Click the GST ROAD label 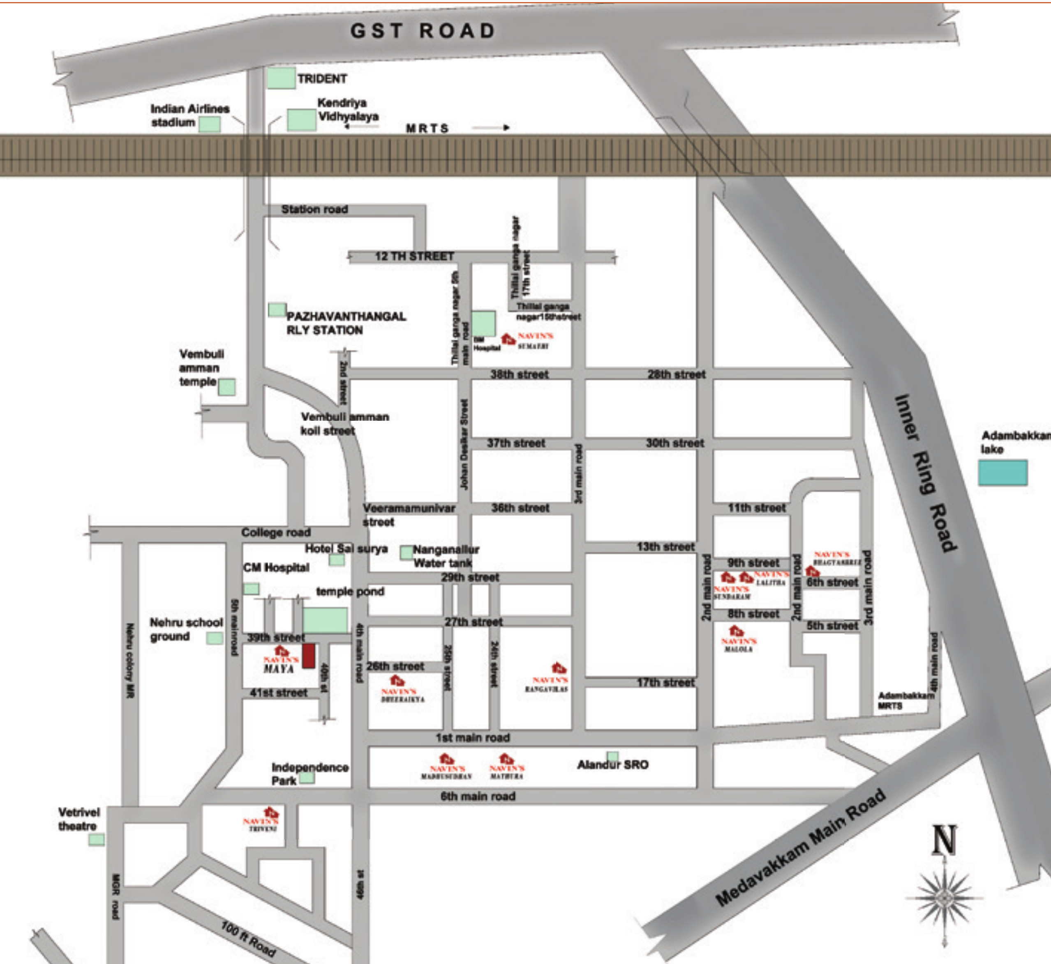coord(423,31)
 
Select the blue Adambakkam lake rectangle coord(1002,473)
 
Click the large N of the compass coord(944,840)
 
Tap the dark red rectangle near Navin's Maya coord(309,656)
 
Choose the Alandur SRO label coord(612,765)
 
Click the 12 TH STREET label coord(414,256)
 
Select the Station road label coord(314,209)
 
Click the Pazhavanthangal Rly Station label coord(346,323)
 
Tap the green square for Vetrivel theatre coord(96,839)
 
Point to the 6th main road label coord(477,796)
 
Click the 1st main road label coord(473,738)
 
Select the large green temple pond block coord(325,621)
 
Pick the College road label coord(276,532)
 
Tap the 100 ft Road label coord(248,939)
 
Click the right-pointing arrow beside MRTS coord(490,127)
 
